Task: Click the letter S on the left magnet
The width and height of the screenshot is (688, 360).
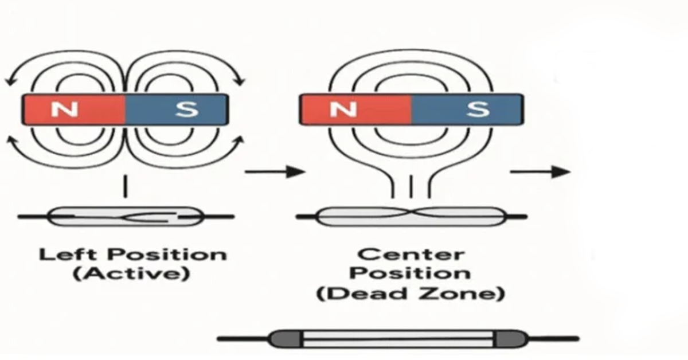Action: click(186, 109)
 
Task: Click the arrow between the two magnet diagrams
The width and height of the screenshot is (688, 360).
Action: click(273, 171)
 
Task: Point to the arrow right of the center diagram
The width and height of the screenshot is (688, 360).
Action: click(540, 171)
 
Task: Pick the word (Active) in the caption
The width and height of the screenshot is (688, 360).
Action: click(132, 274)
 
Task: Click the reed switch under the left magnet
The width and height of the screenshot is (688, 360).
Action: click(126, 217)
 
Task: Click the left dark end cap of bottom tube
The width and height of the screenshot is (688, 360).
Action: click(285, 339)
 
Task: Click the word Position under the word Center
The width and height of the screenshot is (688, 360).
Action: click(411, 274)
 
